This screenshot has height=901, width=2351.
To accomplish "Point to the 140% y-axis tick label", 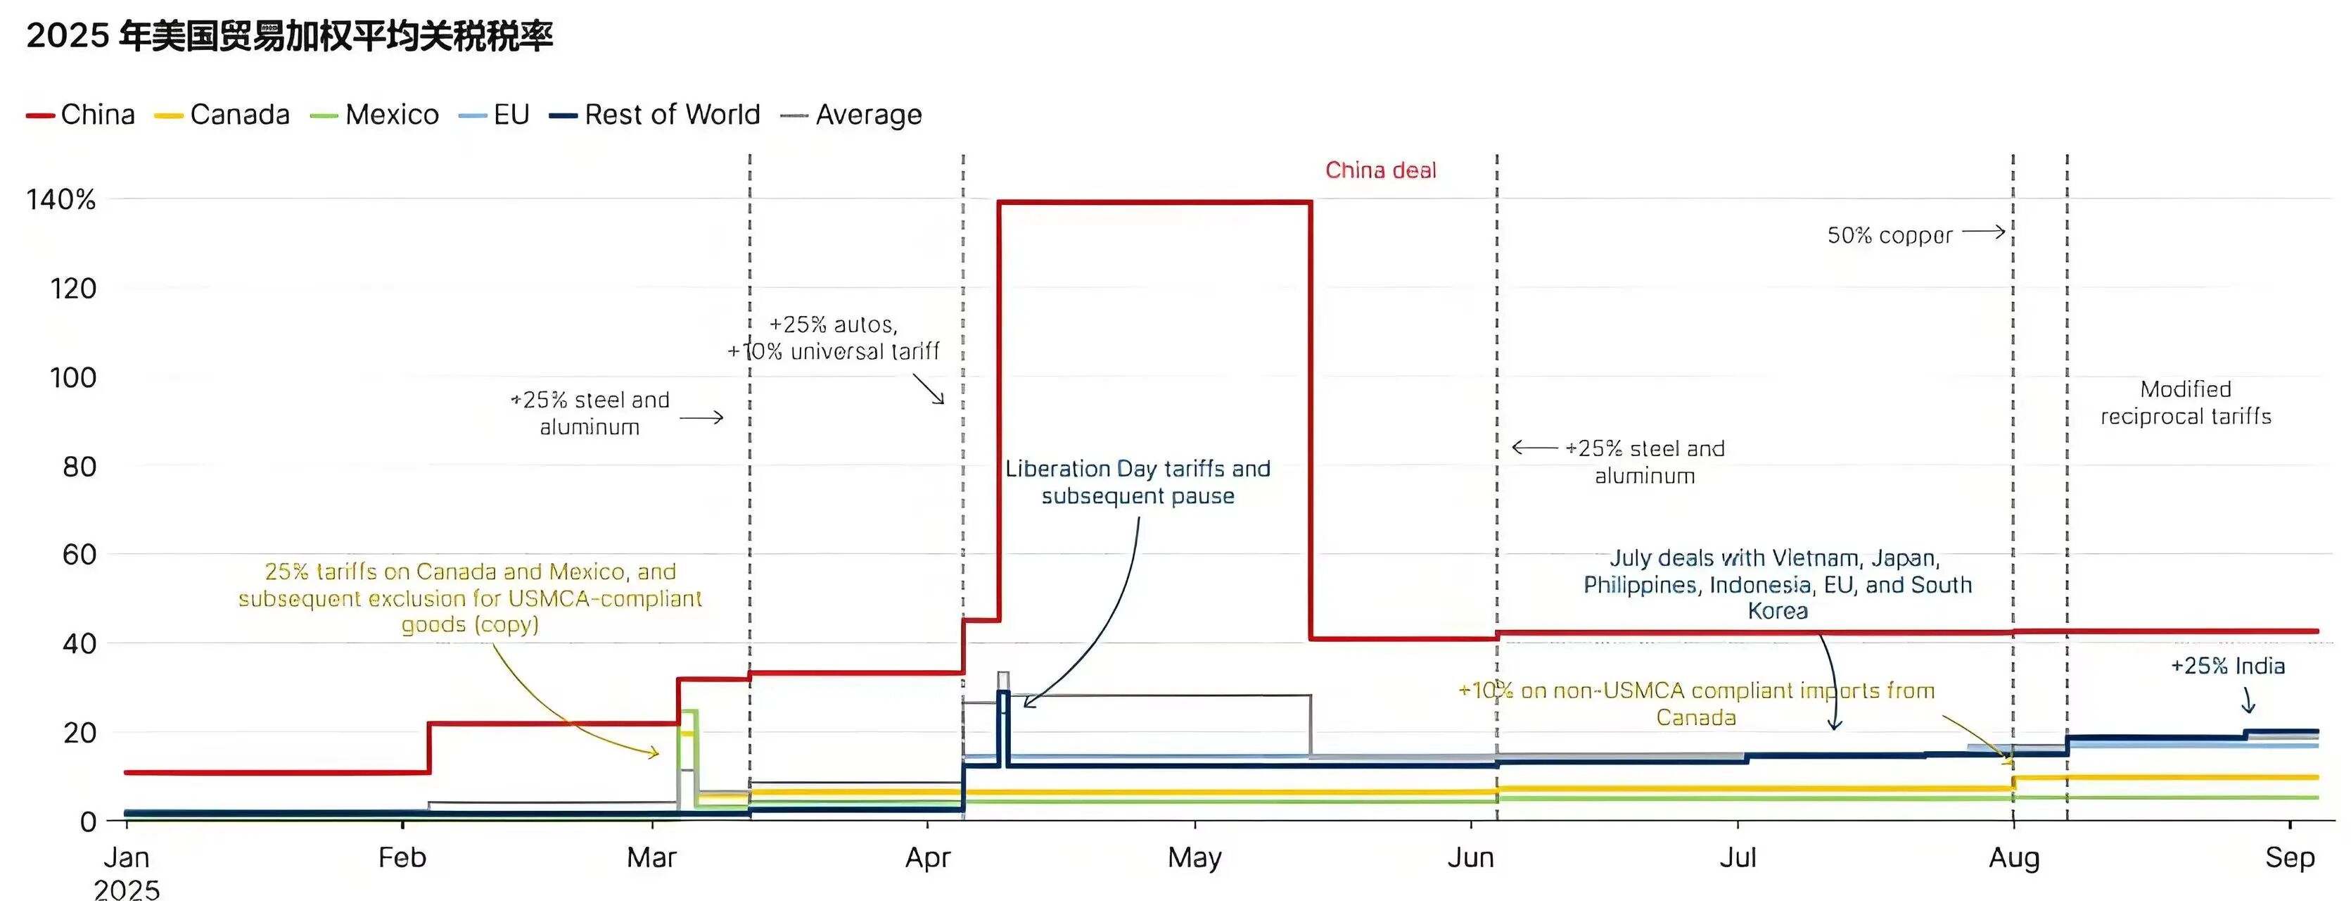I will (x=60, y=200).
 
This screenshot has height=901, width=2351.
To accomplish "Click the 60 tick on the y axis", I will (x=79, y=554).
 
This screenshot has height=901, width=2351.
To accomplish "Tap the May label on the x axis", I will (x=1194, y=857).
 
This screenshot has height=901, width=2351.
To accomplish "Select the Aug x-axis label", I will (x=2013, y=857).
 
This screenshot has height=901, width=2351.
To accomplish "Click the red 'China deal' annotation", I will (x=1380, y=171).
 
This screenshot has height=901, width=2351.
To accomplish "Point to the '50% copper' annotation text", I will (x=1890, y=236).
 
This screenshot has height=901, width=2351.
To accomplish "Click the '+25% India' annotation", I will (x=2227, y=665).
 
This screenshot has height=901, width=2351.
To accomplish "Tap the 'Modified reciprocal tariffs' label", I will (x=2185, y=403).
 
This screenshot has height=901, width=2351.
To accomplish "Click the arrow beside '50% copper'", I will (x=1983, y=232).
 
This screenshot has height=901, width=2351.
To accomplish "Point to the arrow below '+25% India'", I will (x=2249, y=700).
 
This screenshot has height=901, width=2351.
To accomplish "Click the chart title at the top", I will (x=289, y=37).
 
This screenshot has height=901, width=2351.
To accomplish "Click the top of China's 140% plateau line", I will (x=1154, y=202).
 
